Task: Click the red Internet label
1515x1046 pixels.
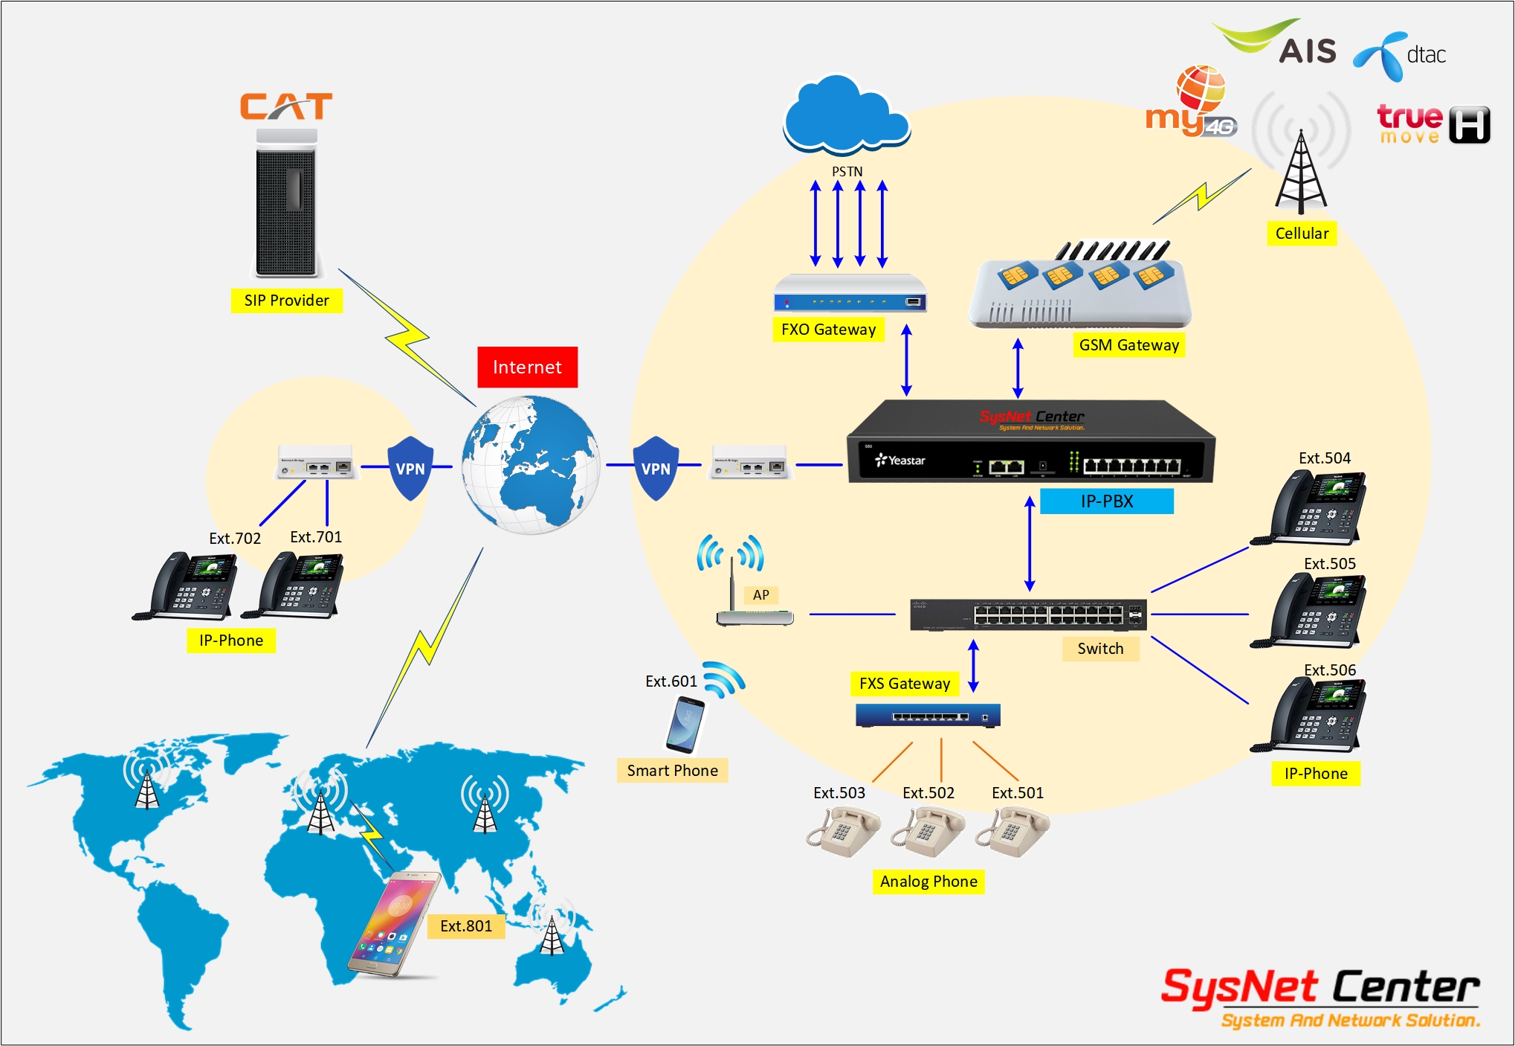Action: [527, 367]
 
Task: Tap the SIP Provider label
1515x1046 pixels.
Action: [286, 301]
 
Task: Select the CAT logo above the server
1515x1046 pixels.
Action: [286, 106]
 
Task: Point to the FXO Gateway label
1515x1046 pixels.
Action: [828, 330]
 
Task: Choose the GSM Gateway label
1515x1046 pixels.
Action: [1128, 345]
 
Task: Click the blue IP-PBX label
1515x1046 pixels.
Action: [1106, 501]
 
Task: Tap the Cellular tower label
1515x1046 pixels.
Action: [1302, 234]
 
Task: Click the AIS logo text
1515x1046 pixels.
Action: [1308, 51]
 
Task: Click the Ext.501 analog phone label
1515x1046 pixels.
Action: [1017, 793]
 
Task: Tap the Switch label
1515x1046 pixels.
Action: [1100, 649]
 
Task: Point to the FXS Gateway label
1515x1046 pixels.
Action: [905, 684]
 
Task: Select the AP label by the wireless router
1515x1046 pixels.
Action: [760, 595]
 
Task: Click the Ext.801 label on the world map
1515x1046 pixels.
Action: [466, 926]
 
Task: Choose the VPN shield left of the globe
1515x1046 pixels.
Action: [410, 468]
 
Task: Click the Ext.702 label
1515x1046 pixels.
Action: [235, 539]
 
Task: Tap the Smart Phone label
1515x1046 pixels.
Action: [672, 771]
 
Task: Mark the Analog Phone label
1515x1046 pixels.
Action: [928, 882]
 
